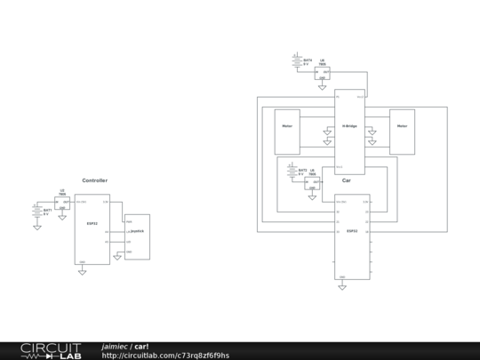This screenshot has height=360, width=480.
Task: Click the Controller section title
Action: pos(95,180)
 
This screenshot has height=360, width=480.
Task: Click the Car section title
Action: pos(347,180)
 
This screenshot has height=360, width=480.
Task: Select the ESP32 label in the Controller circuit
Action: pos(92,223)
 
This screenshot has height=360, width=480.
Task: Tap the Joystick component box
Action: pos(137,236)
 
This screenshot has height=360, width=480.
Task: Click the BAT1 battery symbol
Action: pos(36,211)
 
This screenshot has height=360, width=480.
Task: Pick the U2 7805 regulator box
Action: pos(62,203)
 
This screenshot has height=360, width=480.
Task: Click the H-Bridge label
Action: pos(349,126)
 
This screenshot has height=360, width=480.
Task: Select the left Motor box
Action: pos(287,131)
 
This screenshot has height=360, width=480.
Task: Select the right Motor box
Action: pos(402,131)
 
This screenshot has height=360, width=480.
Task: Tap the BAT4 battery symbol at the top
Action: pos(297,62)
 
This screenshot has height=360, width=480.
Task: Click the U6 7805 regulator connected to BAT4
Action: pos(322,72)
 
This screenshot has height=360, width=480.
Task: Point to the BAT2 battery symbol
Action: pos(292,171)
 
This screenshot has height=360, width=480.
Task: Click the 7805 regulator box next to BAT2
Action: pos(312,183)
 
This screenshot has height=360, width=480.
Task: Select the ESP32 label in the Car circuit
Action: pos(352,230)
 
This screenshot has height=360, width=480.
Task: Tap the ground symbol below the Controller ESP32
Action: pos(82,271)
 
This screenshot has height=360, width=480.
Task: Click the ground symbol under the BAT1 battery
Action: pos(36,227)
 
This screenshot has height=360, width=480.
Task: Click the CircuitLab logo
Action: pos(51,350)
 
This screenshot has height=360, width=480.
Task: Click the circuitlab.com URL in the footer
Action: pos(165,356)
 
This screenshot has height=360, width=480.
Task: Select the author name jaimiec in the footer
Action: pos(114,346)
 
